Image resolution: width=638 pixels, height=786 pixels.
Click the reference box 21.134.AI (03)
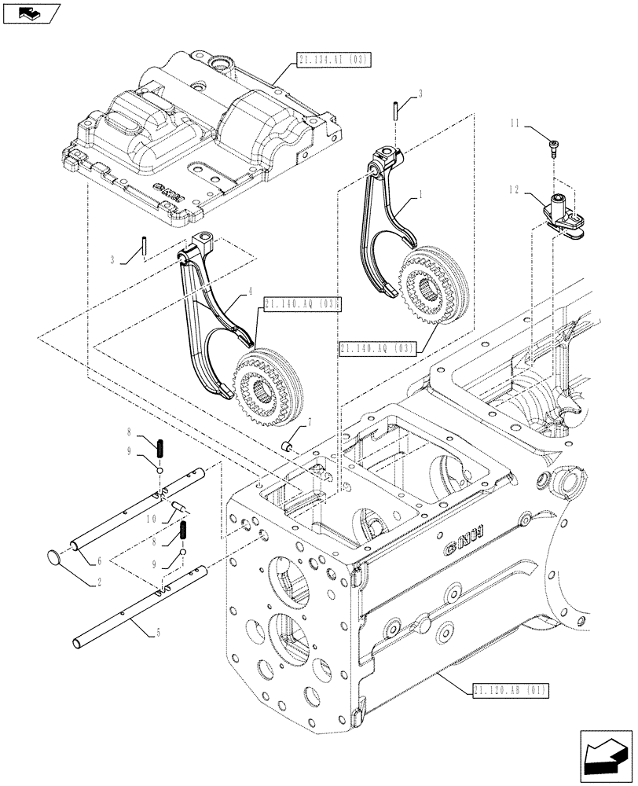click(334, 59)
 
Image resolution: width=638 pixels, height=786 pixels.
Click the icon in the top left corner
click(31, 13)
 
